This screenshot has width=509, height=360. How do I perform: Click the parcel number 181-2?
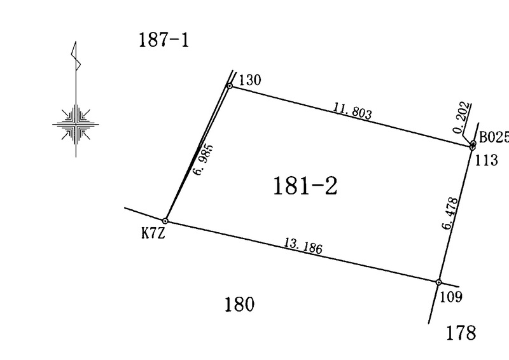pyautogui.click(x=305, y=186)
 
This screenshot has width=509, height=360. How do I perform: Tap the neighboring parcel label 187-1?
pyautogui.click(x=164, y=40)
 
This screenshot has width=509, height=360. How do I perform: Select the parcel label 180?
pyautogui.click(x=240, y=305)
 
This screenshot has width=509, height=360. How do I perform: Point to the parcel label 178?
pyautogui.click(x=461, y=333)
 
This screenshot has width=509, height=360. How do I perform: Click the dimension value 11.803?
pyautogui.click(x=352, y=111)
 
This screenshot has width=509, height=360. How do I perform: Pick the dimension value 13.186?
pyautogui.click(x=303, y=246)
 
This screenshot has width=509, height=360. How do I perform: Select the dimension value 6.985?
pyautogui.click(x=204, y=160)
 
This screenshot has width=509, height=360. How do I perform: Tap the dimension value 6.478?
pyautogui.click(x=451, y=213)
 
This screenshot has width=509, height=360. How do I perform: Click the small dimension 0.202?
pyautogui.click(x=462, y=118)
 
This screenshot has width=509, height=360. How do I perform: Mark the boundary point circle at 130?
pyautogui.click(x=230, y=86)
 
